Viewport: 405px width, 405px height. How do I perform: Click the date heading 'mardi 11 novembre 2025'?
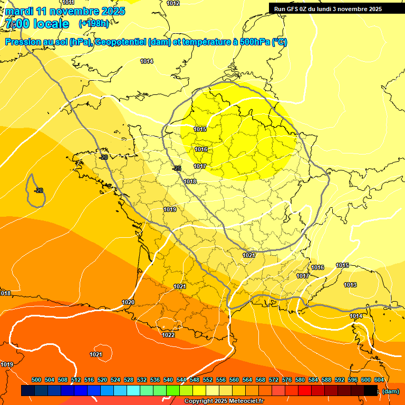click(65, 11)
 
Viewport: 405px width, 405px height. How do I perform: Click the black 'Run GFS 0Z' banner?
click(328, 8)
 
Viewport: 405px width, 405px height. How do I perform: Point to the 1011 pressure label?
click(68, 3)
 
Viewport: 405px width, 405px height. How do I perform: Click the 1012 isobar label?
click(173, 3)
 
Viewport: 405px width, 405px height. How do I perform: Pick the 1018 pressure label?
click(190, 181)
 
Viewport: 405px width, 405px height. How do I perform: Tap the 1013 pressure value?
click(350, 285)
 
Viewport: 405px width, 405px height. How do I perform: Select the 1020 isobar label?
click(128, 302)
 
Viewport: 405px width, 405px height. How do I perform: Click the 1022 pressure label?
click(168, 335)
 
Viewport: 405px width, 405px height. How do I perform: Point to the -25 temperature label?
click(177, 168)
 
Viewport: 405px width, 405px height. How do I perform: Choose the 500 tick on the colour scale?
click(36, 380)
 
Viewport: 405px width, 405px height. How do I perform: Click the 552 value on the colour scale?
click(208, 380)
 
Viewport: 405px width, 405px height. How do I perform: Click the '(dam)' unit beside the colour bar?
click(391, 391)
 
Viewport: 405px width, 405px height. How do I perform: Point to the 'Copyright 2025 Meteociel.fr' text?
click(224, 401)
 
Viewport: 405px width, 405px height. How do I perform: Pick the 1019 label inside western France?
click(170, 209)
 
